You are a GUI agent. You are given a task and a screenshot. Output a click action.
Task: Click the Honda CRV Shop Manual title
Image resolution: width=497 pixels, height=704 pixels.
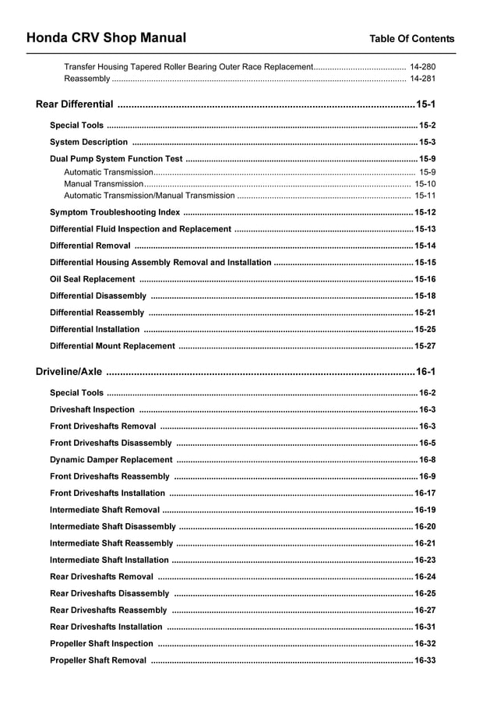click(106, 37)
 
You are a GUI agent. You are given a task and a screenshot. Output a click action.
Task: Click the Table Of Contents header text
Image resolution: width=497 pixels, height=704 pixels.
click(411, 39)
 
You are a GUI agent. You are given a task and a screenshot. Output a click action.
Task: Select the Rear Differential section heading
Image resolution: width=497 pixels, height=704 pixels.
click(75, 104)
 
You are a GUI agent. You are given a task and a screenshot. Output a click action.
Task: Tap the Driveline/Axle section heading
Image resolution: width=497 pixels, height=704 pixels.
click(69, 372)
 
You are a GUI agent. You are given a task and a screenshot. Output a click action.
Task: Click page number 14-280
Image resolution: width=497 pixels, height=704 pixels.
click(422, 67)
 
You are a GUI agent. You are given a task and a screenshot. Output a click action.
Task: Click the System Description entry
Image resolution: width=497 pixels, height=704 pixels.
click(89, 143)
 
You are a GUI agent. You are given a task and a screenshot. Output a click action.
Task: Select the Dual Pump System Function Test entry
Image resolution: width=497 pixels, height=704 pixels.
click(116, 159)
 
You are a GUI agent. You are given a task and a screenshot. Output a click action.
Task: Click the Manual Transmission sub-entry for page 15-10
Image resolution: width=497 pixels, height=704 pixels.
click(104, 184)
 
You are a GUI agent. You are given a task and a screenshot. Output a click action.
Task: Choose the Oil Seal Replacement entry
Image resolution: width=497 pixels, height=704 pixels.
click(92, 279)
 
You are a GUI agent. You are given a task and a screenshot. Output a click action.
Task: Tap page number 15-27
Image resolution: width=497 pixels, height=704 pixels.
click(425, 346)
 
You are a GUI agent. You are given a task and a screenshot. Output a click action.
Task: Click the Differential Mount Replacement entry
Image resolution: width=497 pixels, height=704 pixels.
click(112, 346)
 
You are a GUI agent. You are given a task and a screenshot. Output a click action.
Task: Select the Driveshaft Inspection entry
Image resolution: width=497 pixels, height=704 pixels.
click(92, 410)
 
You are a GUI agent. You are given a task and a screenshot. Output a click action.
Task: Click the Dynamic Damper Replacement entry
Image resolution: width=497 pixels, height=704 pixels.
click(111, 460)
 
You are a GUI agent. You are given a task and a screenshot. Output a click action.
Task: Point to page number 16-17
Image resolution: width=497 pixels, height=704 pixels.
click(425, 494)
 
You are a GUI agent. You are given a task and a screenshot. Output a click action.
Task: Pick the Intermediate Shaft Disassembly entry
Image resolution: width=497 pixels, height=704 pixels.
click(113, 527)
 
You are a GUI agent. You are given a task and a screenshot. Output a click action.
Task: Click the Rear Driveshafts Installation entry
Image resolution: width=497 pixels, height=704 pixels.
click(106, 627)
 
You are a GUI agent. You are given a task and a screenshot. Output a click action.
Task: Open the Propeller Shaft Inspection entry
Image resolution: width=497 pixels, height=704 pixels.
click(101, 644)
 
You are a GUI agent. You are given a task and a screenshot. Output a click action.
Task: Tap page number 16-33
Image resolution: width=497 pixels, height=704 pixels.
click(425, 660)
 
